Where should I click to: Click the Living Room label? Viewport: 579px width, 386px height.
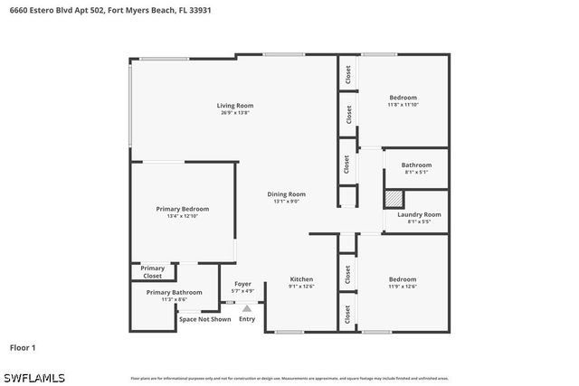click(234, 106)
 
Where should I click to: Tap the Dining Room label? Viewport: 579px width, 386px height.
click(286, 193)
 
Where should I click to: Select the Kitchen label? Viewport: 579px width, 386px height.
click(301, 279)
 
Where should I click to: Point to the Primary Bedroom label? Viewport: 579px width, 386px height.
click(182, 209)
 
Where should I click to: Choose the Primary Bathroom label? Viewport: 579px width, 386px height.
click(175, 292)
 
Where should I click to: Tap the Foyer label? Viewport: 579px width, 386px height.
click(242, 284)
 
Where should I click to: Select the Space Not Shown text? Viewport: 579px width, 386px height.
click(204, 319)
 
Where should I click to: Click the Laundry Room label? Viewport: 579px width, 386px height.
click(419, 214)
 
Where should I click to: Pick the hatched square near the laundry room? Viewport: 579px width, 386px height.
click(394, 199)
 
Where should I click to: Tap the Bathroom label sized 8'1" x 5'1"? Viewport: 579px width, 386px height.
click(416, 165)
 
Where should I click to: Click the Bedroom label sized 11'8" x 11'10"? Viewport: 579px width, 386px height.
click(403, 97)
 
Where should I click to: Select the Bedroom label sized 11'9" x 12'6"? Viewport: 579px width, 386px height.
click(403, 279)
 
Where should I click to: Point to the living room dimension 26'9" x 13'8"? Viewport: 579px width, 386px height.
click(234, 113)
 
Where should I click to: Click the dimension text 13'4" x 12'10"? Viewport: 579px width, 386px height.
click(182, 216)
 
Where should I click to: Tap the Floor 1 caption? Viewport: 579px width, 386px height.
click(23, 347)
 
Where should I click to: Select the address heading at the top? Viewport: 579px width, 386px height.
click(104, 12)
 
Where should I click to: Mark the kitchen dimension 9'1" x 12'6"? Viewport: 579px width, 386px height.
click(301, 287)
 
